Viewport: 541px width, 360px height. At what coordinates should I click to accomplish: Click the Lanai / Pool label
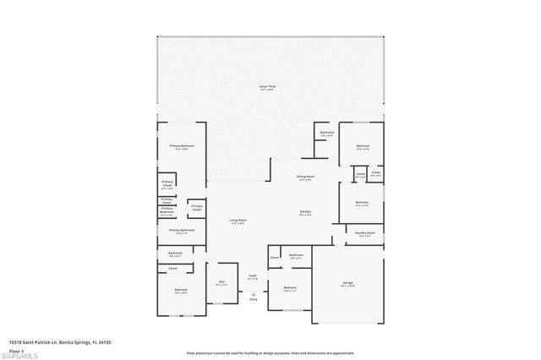270,86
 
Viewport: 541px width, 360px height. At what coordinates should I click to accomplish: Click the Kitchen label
305,212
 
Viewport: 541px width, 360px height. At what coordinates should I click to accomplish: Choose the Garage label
347,284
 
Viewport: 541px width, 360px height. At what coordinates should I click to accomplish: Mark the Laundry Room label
364,232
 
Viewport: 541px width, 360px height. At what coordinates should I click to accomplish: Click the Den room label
221,282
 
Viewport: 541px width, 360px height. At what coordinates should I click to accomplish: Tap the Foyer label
252,275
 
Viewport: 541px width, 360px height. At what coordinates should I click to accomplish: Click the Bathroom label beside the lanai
326,133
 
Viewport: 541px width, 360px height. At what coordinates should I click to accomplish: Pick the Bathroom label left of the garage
296,255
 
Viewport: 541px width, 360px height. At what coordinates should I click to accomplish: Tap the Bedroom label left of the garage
290,288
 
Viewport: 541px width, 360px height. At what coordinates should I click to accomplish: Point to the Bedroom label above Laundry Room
362,202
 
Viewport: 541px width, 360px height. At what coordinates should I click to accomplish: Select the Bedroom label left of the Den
181,291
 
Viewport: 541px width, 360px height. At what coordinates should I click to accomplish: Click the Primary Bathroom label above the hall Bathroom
182,230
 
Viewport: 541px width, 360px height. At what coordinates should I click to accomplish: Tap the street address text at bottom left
59,342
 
